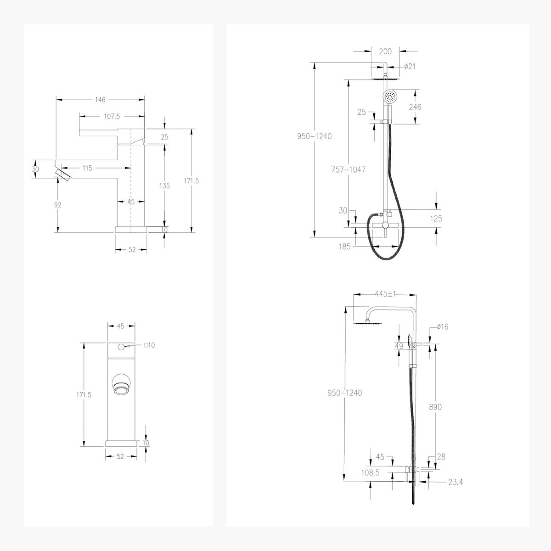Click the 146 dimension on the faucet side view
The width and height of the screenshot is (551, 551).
click(x=100, y=100)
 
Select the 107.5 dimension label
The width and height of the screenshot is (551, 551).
click(x=112, y=116)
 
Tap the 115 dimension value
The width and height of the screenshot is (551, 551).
click(x=87, y=168)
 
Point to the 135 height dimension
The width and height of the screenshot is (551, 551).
click(x=164, y=186)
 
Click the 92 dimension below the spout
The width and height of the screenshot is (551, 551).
click(x=58, y=205)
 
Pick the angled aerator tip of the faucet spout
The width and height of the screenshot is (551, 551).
click(x=63, y=175)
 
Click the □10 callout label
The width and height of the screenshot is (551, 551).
click(x=149, y=345)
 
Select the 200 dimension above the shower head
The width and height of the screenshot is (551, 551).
click(x=385, y=52)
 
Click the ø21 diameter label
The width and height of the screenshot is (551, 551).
click(x=410, y=67)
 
